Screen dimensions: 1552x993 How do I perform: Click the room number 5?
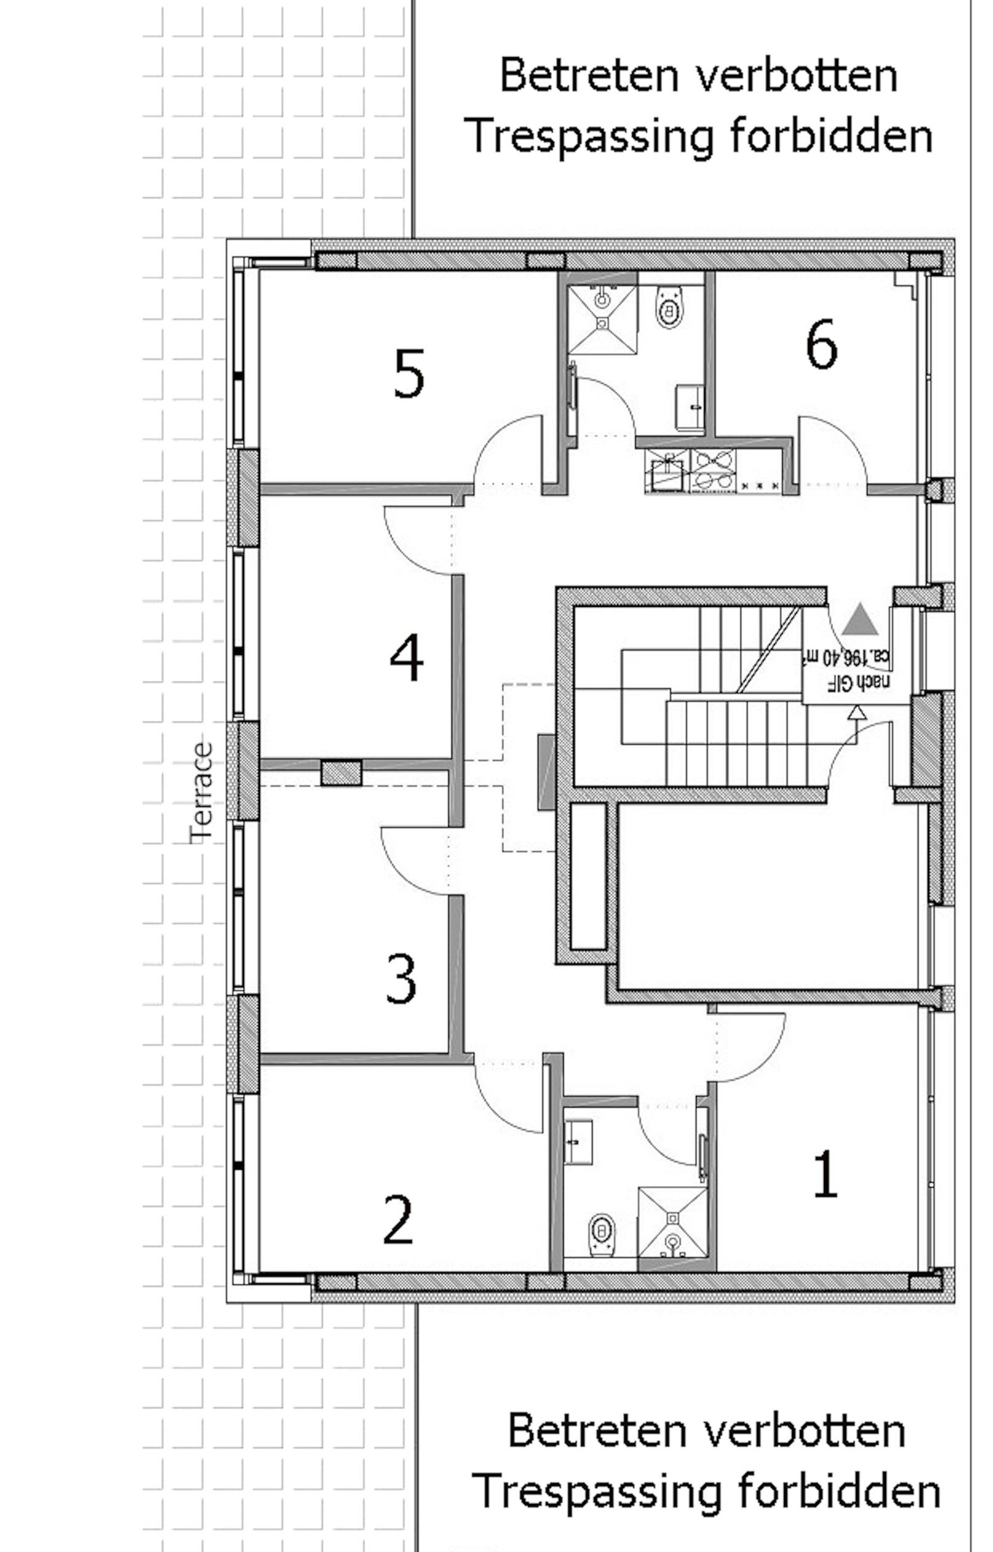pos(409,374)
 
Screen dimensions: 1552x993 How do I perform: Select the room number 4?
pos(407,659)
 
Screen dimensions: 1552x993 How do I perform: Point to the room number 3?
pos(401,979)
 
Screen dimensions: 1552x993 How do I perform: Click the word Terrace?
pos(201,793)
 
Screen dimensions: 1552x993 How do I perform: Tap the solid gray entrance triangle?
pos(860,620)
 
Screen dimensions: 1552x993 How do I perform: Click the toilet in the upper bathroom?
pos(670,308)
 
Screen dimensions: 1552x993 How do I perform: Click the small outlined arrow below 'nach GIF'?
pos(857,712)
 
